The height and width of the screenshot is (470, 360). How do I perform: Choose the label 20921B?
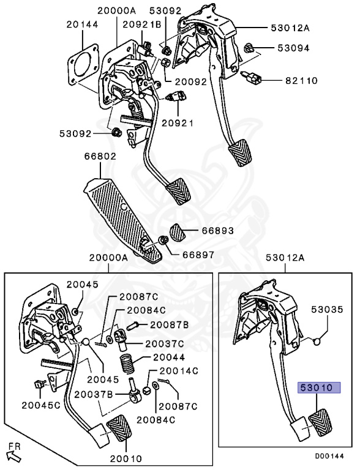tap(141, 25)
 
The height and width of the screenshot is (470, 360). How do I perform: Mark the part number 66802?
tap(100, 157)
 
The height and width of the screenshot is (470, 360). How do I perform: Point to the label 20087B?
tap(168, 324)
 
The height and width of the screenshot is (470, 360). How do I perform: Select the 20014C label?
tap(179, 370)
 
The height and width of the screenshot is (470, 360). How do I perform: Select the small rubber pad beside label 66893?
tap(178, 233)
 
